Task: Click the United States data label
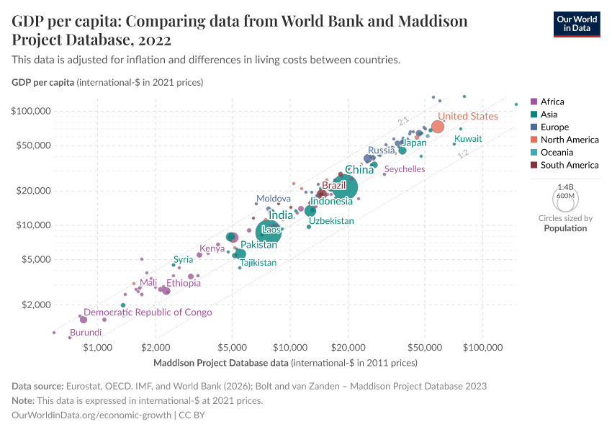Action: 467,117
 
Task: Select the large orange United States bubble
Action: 437,127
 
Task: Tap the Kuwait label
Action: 468,138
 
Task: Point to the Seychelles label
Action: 405,169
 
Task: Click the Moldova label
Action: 274,199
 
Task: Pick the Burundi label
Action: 86,333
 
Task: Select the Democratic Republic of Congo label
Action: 158,312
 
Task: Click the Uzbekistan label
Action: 331,221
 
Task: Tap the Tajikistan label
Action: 258,263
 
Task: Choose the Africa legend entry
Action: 552,102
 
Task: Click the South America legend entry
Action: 569,165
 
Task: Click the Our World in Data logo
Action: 576,24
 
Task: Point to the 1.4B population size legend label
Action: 565,186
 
